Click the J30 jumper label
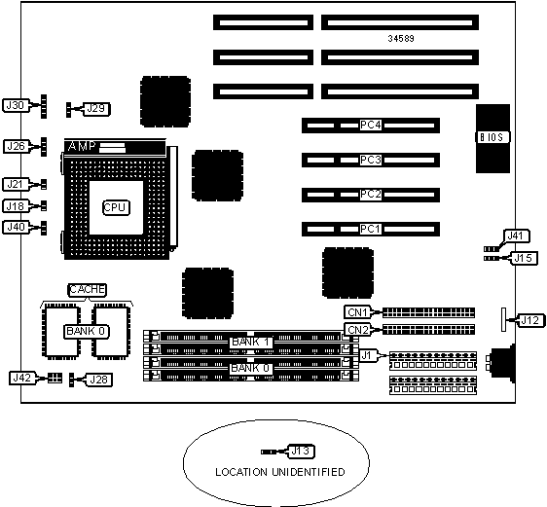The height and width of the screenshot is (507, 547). (x=16, y=105)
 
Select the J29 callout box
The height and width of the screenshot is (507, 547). (x=96, y=109)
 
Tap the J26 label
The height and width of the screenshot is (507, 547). (x=16, y=146)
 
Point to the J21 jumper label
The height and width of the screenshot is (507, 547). (x=16, y=184)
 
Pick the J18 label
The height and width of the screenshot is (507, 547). (x=16, y=206)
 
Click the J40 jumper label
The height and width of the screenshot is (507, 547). (x=16, y=228)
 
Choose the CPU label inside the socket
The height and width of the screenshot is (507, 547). (x=116, y=208)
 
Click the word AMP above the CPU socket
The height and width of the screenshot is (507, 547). (x=82, y=146)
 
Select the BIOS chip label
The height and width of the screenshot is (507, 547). (x=492, y=137)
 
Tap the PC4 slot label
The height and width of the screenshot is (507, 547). (x=371, y=125)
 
